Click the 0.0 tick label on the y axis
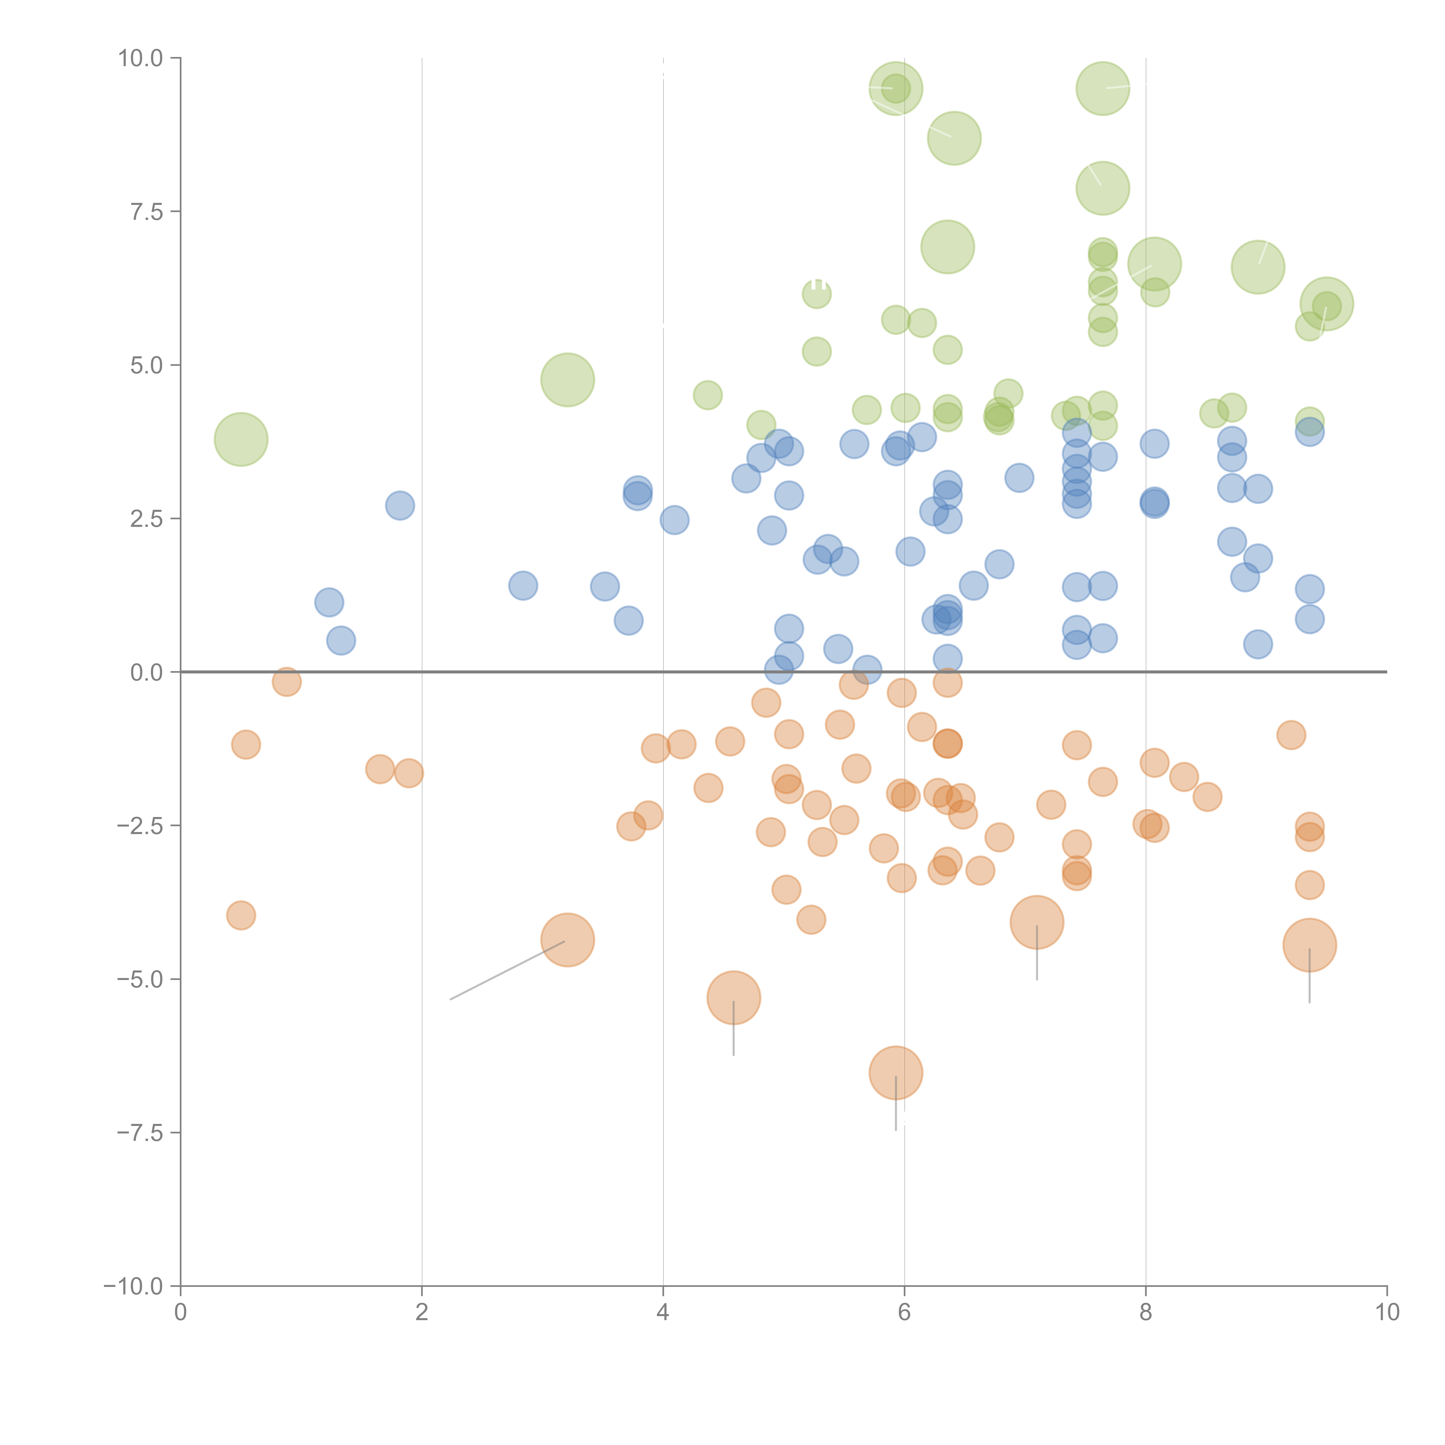click(146, 673)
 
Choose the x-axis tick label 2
click(422, 1313)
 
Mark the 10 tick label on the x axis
click(1387, 1313)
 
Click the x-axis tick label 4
click(663, 1313)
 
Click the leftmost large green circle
click(241, 439)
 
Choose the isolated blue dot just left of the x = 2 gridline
click(400, 505)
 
